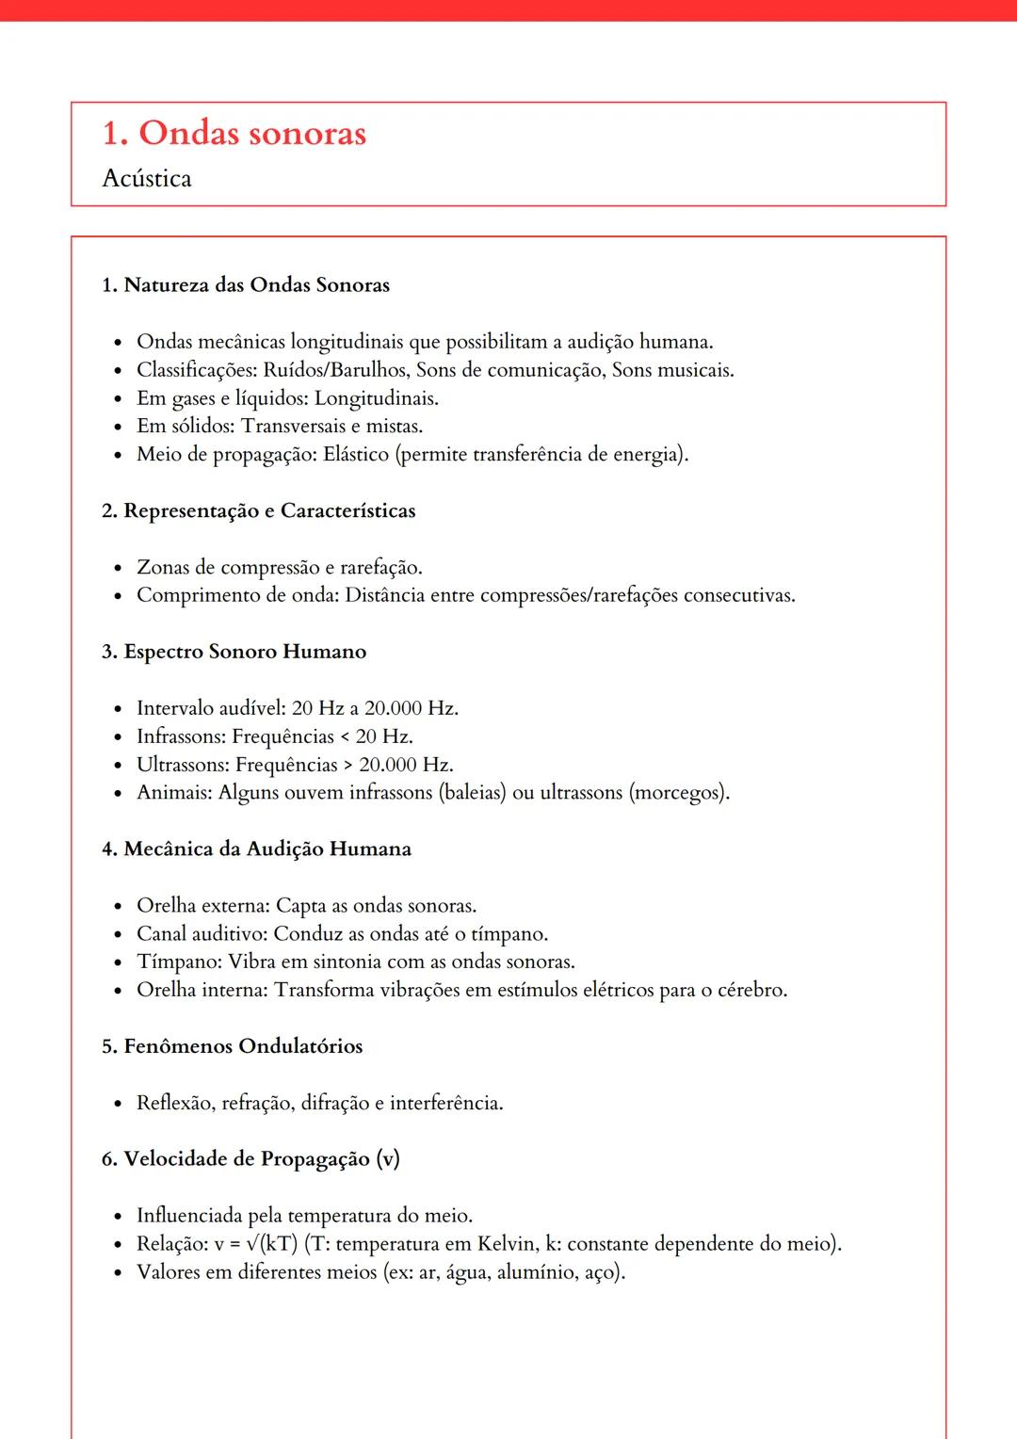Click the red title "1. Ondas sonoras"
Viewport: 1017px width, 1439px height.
pos(234,134)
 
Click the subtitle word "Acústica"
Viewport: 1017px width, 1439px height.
pos(147,179)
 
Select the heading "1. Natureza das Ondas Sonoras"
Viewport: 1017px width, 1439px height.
pos(246,285)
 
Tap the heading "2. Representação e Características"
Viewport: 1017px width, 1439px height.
pos(258,511)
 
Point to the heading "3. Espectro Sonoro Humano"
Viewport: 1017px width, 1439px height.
pos(234,652)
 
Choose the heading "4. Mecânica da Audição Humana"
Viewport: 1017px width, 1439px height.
pos(256,849)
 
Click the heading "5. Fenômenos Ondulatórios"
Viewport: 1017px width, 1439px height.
pos(232,1046)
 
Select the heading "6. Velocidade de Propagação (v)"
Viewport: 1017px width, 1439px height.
pos(250,1159)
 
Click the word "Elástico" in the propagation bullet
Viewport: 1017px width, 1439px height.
pos(356,455)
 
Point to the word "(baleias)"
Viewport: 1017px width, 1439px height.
pos(472,793)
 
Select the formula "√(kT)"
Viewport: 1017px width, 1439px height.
pos(271,1244)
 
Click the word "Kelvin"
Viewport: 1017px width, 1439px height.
pos(507,1244)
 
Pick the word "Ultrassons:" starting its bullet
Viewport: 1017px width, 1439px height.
pos(183,765)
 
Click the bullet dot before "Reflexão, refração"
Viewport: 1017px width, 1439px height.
pos(118,1104)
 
